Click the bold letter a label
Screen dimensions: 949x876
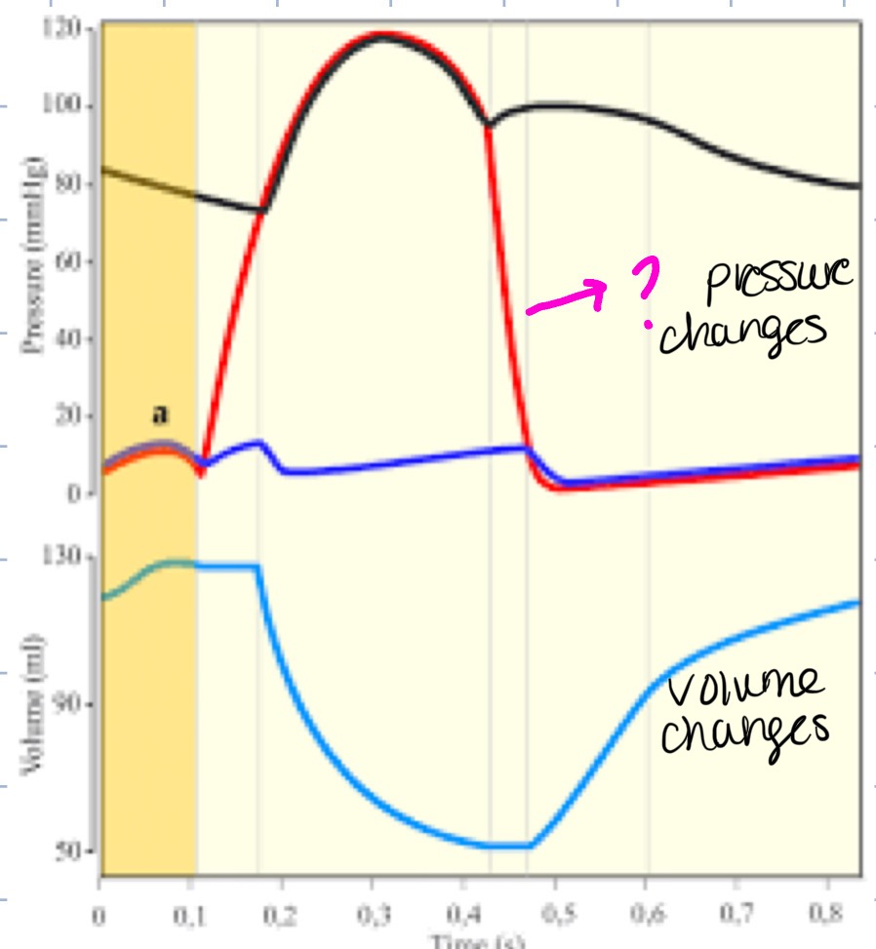[160, 415]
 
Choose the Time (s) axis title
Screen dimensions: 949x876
[479, 940]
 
